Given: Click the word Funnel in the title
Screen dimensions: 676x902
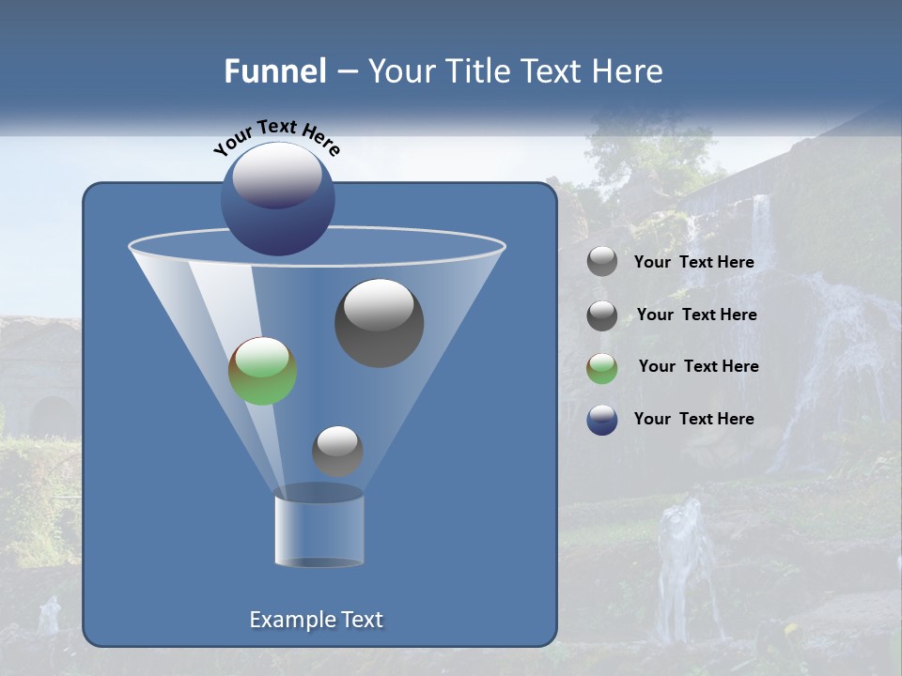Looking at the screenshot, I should [x=274, y=71].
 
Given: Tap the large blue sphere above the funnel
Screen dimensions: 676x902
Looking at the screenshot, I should [x=277, y=199].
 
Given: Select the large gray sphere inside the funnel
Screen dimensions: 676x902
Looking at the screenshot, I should [x=379, y=322].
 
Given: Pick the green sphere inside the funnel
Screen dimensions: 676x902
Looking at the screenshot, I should [x=262, y=371].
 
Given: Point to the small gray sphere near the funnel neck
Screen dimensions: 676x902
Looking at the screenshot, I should [x=337, y=451].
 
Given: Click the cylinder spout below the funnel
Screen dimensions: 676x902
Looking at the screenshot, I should [x=319, y=530].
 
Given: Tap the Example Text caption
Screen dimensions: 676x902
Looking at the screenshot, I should [x=316, y=620].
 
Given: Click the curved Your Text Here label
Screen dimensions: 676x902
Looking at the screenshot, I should [x=276, y=137].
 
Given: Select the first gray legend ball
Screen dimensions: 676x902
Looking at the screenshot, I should [x=602, y=262].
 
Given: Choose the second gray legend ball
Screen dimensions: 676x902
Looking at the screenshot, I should [x=602, y=315].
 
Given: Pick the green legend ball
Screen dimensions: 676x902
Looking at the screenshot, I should [x=602, y=368].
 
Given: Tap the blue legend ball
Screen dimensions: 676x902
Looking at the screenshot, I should [x=602, y=420].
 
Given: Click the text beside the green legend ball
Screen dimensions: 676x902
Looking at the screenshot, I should [x=698, y=366].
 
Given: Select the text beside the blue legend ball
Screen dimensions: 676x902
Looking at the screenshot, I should [x=693, y=419].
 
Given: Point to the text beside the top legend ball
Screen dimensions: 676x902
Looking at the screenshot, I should [x=693, y=262].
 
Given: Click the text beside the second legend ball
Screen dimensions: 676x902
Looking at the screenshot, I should [x=696, y=315].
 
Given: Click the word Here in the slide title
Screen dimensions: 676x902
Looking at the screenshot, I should [x=630, y=71].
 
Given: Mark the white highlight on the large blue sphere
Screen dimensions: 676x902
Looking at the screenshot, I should [x=277, y=175].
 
